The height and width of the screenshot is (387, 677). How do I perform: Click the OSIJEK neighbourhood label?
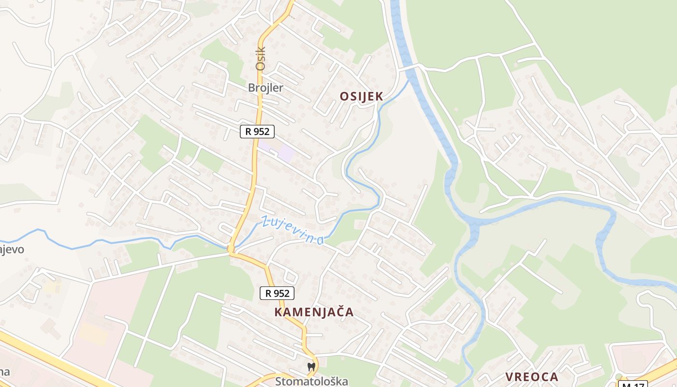point(361,96)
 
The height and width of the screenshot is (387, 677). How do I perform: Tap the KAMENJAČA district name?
point(314,312)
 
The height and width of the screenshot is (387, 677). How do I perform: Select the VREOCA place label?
point(531,377)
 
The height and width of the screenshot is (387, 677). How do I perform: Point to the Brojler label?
point(265,88)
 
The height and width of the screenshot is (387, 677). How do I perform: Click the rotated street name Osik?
point(261,59)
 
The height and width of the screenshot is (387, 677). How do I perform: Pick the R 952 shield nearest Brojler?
point(257,131)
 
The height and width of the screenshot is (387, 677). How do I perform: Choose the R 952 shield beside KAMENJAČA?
point(277,293)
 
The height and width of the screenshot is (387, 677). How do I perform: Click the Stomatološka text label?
point(311,381)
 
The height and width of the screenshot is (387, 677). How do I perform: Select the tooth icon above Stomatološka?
point(311,367)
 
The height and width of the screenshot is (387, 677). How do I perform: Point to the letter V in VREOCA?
point(509,377)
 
